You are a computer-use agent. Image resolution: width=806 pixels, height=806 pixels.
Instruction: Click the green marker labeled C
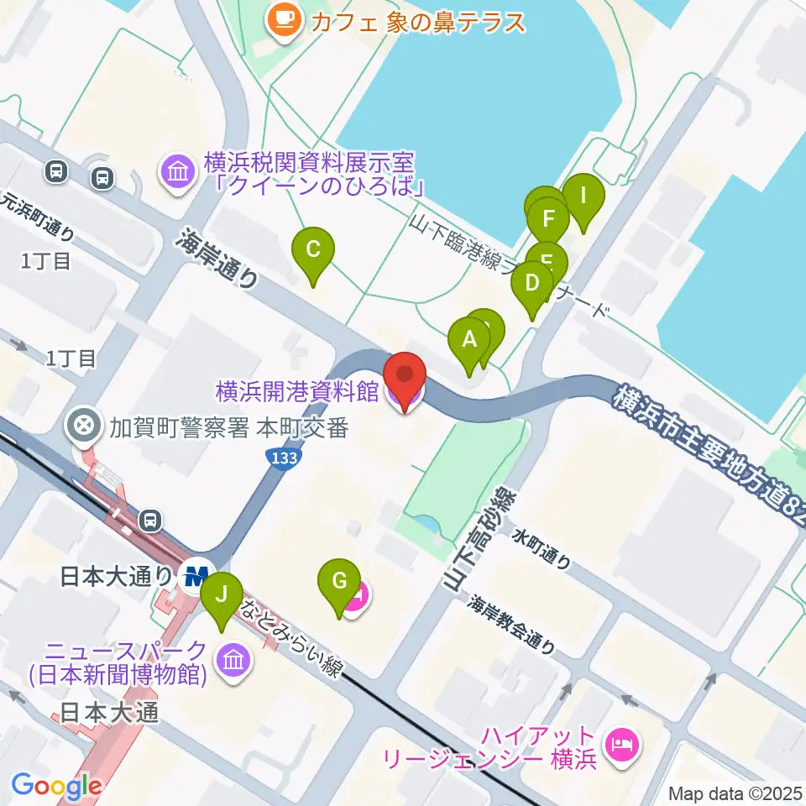pos(312,249)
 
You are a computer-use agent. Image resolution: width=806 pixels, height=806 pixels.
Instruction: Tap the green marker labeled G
pos(339,581)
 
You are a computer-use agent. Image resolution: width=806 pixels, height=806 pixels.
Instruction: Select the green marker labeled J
pos(222,594)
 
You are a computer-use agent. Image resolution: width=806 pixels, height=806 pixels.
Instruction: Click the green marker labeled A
pos(469,340)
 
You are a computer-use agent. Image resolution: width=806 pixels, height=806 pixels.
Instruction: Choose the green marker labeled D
pos(531,282)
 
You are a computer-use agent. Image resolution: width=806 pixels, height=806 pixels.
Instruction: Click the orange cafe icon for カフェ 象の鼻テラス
pos(283,19)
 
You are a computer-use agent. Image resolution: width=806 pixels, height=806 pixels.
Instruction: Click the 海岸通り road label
pos(217,261)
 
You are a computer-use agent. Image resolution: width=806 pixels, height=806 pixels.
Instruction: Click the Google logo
pos(55,786)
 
